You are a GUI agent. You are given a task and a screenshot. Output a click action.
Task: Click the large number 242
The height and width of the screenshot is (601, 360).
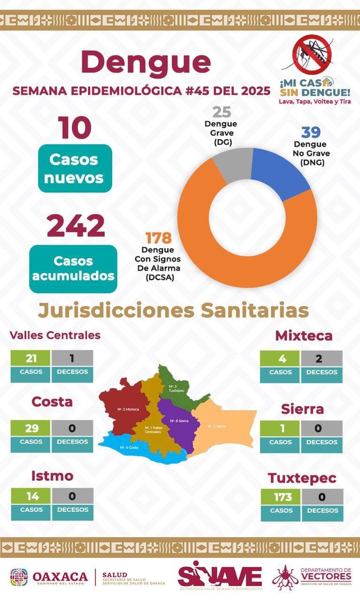[x=76, y=226]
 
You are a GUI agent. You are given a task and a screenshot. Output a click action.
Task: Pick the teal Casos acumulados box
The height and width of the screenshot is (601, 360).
[x=73, y=268]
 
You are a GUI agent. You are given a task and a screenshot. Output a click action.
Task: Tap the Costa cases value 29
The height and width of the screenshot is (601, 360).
[x=31, y=428]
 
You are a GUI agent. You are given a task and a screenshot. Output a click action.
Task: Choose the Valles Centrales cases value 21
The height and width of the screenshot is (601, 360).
[x=31, y=358]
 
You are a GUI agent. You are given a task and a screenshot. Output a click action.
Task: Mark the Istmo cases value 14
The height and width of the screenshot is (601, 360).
[x=31, y=496]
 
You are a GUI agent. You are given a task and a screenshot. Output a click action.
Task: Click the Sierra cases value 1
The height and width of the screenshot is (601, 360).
[x=280, y=428]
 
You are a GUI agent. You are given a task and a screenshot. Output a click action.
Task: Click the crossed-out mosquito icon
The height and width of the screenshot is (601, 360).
[x=313, y=54]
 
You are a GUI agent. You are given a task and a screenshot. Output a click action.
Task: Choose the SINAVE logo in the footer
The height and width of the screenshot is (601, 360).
[x=220, y=576]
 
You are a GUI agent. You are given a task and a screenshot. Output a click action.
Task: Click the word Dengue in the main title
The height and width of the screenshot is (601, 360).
[x=146, y=62]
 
